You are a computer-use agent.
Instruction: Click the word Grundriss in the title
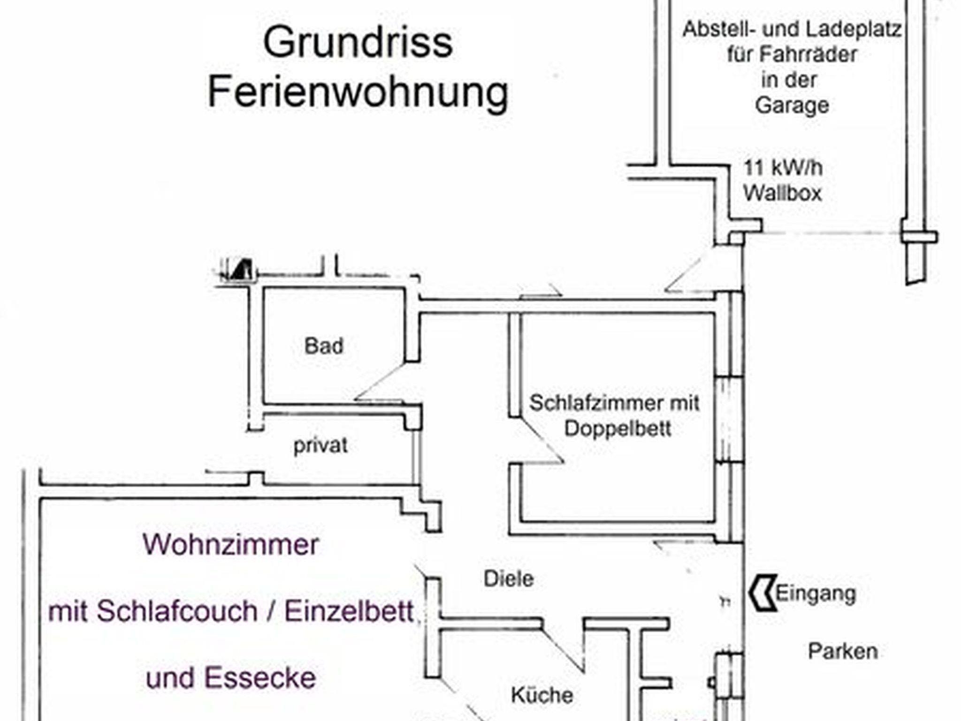(x=358, y=44)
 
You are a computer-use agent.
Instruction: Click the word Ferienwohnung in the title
(x=358, y=92)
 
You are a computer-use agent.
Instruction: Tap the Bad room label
(x=324, y=346)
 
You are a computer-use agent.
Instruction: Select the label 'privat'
(x=320, y=445)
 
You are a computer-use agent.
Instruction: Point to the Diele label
(x=509, y=579)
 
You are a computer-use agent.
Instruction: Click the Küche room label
(x=542, y=695)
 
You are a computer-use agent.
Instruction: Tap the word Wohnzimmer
(x=231, y=545)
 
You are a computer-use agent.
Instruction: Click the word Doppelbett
(x=618, y=428)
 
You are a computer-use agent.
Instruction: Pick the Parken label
(x=843, y=652)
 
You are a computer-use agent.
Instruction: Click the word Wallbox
(x=783, y=193)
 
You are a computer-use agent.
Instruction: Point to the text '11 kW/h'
(x=783, y=168)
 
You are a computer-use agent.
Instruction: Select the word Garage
(x=792, y=105)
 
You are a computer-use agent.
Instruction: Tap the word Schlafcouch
(x=177, y=612)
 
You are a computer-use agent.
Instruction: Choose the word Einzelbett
(x=349, y=612)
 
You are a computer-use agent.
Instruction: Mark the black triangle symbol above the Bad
(x=244, y=270)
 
